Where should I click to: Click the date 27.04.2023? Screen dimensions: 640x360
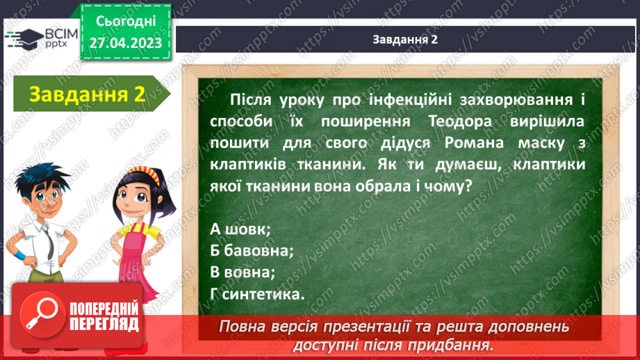[x=126, y=43]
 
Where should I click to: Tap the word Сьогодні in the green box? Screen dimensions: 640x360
[x=126, y=22]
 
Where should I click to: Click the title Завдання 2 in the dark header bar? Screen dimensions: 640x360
[x=405, y=39]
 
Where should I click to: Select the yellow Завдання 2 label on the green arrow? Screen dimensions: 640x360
[x=88, y=95]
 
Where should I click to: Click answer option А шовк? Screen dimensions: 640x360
[x=240, y=229]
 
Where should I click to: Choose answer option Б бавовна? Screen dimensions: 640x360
[x=252, y=251]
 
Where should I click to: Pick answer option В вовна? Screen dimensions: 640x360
[x=243, y=272]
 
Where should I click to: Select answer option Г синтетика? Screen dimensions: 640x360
[x=257, y=294]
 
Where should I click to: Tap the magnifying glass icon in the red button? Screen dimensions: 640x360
[x=42, y=315]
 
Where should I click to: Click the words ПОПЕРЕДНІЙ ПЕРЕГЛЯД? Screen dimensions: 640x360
[x=104, y=317]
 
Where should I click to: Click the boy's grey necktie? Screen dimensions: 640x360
[x=49, y=243]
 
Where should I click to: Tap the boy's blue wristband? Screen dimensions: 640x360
[x=20, y=256]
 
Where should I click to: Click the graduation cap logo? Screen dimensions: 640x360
[x=24, y=39]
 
